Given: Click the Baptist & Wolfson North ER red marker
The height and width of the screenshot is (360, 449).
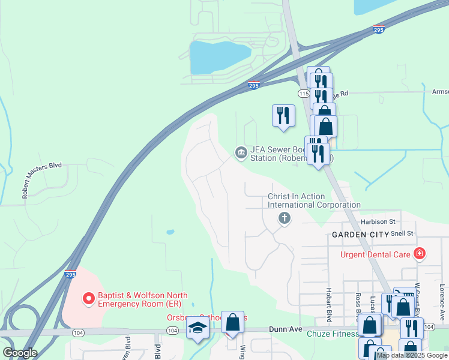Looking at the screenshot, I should [x=89, y=298].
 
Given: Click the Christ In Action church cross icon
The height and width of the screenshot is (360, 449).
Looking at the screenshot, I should [x=285, y=219].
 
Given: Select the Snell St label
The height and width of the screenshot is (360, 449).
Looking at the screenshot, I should [x=402, y=233].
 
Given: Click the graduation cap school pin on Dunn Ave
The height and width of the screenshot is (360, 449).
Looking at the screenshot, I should [x=197, y=329].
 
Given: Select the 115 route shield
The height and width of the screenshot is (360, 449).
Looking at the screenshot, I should [x=303, y=94].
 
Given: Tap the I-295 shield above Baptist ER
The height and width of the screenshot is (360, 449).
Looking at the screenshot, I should [x=70, y=274].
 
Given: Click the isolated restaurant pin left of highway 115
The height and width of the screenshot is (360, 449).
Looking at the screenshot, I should [x=283, y=115].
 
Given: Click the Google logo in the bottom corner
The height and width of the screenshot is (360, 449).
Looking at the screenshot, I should [x=20, y=353].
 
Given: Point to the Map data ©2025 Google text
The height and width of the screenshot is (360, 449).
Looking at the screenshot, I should [x=412, y=355].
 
